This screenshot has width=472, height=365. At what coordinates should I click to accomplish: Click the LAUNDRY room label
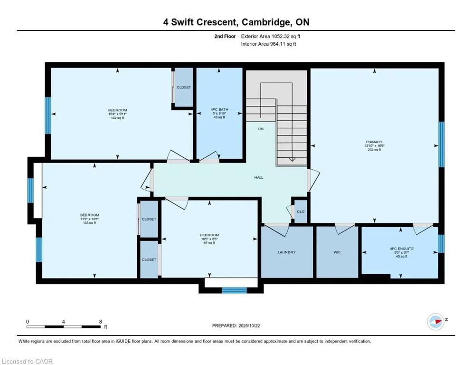286,252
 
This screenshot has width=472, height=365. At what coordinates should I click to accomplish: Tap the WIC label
337,252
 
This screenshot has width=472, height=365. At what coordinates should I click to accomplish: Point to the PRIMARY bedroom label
375,142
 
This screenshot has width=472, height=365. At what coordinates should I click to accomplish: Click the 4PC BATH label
219,110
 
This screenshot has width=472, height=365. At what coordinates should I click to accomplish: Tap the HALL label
258,177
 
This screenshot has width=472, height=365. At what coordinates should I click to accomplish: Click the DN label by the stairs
261,129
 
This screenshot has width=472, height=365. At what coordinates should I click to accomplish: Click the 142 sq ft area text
117,117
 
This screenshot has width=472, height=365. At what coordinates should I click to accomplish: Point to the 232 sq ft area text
375,150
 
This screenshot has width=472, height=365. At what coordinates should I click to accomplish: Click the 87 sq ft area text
209,243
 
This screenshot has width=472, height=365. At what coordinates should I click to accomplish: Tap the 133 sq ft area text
89,222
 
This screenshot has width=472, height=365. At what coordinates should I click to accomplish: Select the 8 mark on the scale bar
100,321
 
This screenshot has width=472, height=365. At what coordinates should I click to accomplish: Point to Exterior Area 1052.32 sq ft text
271,36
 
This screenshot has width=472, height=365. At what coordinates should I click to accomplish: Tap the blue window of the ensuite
441,243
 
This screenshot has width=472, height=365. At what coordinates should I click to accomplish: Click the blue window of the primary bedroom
441,144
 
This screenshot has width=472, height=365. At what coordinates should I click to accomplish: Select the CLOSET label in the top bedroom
184,87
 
